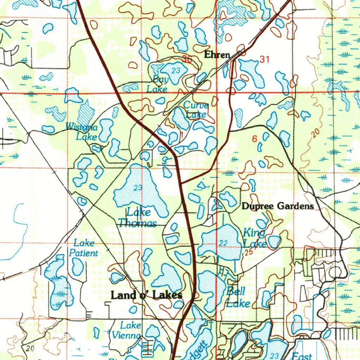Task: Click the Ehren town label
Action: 217,55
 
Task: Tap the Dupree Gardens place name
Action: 277,206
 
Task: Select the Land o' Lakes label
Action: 146,295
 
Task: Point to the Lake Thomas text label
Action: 138,218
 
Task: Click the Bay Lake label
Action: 158,84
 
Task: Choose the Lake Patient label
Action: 83,248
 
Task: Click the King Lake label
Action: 254,238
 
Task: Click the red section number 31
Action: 264,60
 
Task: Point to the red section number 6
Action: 254,139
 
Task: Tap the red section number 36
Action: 187,59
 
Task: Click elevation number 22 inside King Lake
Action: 223,243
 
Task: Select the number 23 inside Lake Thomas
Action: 138,188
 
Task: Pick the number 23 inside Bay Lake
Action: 176,71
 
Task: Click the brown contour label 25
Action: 249,252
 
